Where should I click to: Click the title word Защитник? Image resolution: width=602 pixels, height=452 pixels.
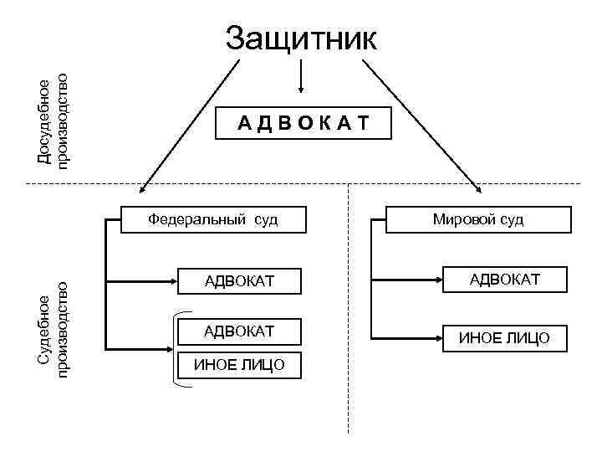[302, 39]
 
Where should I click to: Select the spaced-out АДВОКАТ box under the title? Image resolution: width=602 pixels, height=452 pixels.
[302, 124]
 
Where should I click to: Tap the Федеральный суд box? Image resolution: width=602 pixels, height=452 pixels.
[213, 219]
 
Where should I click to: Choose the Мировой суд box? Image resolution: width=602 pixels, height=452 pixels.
[478, 219]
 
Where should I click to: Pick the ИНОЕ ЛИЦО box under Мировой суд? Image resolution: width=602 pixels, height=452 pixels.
[504, 338]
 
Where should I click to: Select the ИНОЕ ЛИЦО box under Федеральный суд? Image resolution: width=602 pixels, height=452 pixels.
[239, 364]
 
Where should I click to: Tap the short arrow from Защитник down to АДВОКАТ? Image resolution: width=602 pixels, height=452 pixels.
[301, 80]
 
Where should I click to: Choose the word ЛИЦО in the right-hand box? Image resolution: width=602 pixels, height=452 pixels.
[528, 338]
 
